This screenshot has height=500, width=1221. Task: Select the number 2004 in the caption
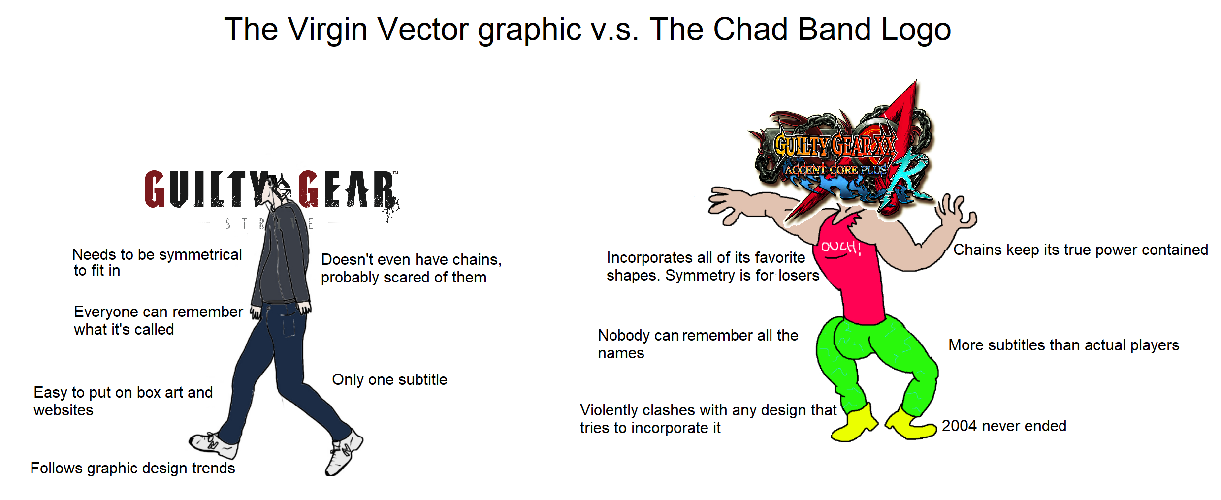pos(959,426)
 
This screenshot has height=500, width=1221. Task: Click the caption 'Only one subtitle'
pos(389,379)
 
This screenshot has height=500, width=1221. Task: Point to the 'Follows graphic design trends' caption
pos(132,468)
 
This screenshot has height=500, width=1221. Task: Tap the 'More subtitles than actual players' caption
pos(1063,345)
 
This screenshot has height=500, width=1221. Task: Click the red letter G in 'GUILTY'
pos(155,189)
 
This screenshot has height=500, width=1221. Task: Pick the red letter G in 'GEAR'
pos(309,189)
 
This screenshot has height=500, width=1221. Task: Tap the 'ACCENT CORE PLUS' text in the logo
pos(835,170)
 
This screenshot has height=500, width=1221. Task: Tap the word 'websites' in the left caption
pos(64,410)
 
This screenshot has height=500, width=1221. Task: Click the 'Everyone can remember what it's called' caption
pos(158,320)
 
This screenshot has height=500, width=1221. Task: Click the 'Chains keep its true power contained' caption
pos(1080,250)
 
